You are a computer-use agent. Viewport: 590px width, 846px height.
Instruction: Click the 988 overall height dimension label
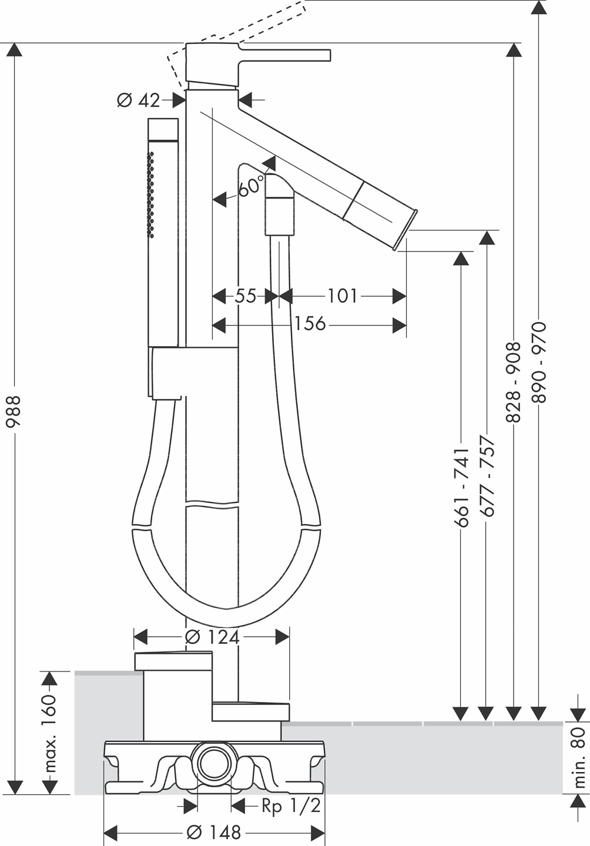pyautogui.click(x=14, y=412)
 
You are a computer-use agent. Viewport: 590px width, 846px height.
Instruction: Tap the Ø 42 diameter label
pyautogui.click(x=139, y=100)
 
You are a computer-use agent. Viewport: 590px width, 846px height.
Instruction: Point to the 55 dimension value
pyautogui.click(x=246, y=296)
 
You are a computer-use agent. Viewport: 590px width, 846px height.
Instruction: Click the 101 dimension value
pyautogui.click(x=342, y=296)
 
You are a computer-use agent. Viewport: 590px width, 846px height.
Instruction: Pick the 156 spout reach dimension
pyautogui.click(x=310, y=324)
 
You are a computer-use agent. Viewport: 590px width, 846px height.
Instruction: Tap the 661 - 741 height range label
pyautogui.click(x=461, y=488)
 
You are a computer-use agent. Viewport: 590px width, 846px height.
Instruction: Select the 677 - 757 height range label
pyautogui.click(x=487, y=476)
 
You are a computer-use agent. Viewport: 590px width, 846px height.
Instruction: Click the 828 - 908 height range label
pyautogui.click(x=514, y=382)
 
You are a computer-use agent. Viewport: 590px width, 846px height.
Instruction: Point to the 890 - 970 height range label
pyautogui.click(x=539, y=362)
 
